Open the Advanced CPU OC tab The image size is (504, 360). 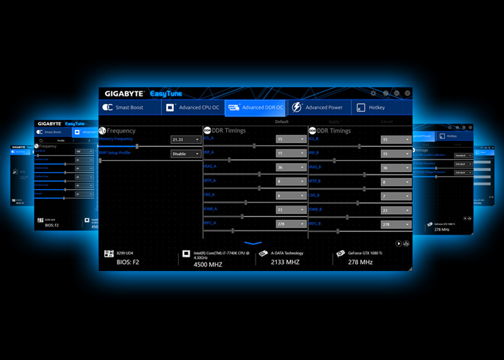coord(192,108)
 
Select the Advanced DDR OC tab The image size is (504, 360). coord(256,108)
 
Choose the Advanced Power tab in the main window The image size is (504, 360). coord(318,108)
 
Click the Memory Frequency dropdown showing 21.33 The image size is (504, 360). coord(186,139)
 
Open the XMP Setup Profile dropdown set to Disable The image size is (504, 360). coord(186,153)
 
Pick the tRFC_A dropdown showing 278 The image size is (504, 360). coord(290,224)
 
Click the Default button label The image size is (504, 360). coord(282,122)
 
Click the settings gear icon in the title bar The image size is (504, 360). coord(374,93)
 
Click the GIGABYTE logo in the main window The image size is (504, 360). coord(125,94)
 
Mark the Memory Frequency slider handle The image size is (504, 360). coord(137,146)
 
